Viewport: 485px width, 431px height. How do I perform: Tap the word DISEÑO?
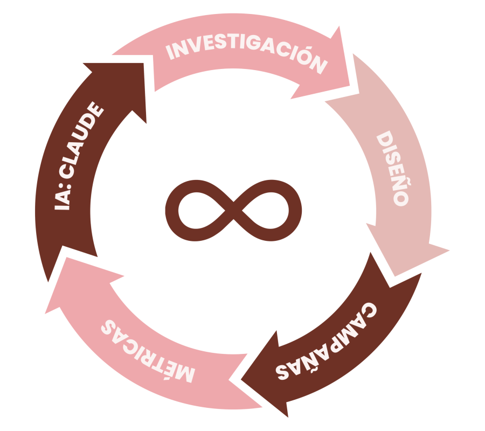click(x=393, y=168)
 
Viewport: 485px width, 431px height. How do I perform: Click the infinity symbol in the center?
click(x=233, y=210)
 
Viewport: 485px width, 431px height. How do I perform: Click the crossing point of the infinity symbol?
click(x=233, y=211)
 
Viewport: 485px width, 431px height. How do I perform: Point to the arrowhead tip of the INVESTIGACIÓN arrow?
click(x=350, y=85)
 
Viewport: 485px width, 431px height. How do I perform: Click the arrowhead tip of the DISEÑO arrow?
click(x=395, y=276)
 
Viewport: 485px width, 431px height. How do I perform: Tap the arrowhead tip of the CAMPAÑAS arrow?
click(x=241, y=380)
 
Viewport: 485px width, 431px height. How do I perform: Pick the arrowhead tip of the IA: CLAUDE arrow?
click(x=143, y=63)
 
